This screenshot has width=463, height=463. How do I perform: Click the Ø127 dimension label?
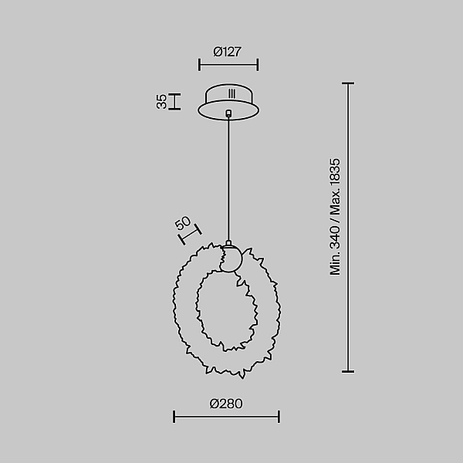click(227, 52)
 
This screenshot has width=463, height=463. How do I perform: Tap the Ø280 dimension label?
click(226, 404)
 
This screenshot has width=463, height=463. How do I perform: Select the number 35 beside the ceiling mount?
click(161, 102)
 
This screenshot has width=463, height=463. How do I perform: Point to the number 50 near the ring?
click(183, 223)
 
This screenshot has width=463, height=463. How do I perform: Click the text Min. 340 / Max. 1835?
click(335, 217)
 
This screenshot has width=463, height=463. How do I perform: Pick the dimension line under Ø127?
click(228, 65)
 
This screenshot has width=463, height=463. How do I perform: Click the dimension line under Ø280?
click(226, 417)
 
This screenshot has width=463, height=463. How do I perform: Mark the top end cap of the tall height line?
click(348, 83)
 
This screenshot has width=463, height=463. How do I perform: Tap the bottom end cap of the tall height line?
click(348, 371)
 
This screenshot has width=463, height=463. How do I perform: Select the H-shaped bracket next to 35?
click(174, 102)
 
